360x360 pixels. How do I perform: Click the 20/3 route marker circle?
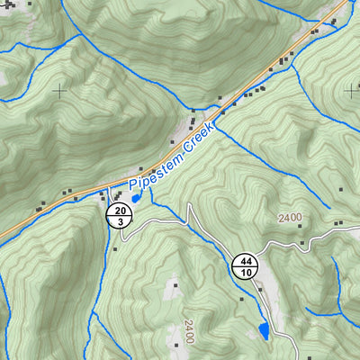click(120, 215)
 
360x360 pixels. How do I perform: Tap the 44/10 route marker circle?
click(246, 266)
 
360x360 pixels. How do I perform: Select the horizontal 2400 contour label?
click(290, 218)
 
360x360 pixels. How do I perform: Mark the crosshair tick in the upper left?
click(60, 91)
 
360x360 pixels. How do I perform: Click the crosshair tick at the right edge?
click(351, 90)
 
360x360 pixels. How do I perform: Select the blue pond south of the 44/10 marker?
click(263, 332)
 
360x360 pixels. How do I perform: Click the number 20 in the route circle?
click(120, 211)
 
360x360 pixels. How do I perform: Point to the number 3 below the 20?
click(120, 220)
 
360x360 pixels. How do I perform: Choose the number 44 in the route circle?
click(246, 262)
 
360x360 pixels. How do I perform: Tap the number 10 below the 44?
click(246, 272)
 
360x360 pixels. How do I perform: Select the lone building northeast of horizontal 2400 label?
click(341, 189)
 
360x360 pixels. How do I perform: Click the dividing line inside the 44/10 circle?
click(246, 266)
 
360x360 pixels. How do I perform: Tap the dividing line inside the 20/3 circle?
click(120, 215)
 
